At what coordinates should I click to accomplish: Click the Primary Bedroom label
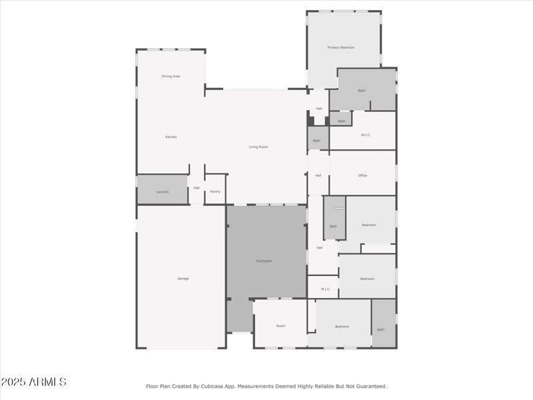(x=340, y=47)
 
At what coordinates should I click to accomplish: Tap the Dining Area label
(x=171, y=76)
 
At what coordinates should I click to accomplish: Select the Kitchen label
(x=171, y=137)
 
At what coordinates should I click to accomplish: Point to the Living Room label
(x=259, y=147)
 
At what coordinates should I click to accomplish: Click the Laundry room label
(x=163, y=192)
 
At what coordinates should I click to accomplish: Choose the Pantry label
(x=215, y=192)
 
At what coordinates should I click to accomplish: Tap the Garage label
(x=183, y=278)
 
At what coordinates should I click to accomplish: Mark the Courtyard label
(x=264, y=261)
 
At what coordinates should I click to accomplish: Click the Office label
(x=362, y=175)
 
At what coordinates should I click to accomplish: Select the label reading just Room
(x=280, y=326)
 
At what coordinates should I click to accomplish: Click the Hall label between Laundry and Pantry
(x=197, y=188)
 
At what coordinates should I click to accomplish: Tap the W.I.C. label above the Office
(x=366, y=135)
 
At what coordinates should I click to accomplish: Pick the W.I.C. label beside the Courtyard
(x=326, y=289)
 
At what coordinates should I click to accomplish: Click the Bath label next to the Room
(x=381, y=329)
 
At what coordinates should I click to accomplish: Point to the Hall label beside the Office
(x=318, y=175)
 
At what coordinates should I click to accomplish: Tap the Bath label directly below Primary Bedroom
(x=362, y=90)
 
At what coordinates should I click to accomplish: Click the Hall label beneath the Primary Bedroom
(x=319, y=108)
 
